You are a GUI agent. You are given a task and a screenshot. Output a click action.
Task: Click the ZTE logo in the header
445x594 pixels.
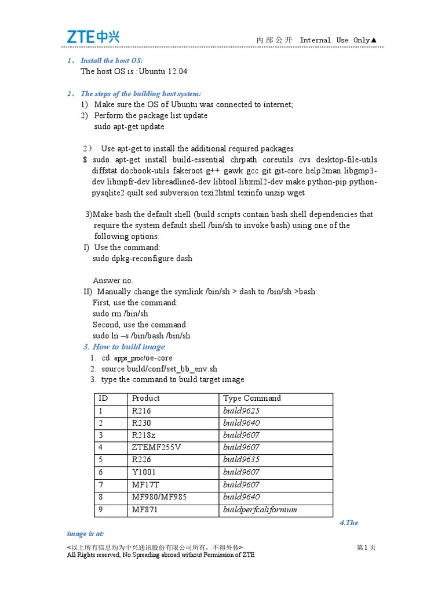[x=92, y=37]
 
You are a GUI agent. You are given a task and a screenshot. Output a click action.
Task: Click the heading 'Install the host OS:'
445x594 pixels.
[x=111, y=60]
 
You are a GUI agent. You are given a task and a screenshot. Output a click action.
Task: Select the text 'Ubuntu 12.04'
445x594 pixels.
[x=165, y=71]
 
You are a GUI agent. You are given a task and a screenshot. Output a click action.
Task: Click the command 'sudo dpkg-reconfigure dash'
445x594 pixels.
[x=143, y=258]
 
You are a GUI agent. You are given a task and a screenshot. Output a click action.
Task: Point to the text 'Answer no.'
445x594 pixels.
[x=113, y=280]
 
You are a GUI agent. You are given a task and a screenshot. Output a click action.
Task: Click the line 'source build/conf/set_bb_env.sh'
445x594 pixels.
[x=159, y=369]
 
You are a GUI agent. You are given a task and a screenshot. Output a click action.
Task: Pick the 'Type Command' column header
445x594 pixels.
[x=252, y=399]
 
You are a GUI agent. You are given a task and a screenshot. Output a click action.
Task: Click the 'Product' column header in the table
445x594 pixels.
[x=146, y=399]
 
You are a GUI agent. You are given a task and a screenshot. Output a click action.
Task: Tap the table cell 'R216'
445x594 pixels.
[x=141, y=411]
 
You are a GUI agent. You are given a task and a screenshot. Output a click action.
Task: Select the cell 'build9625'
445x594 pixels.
[x=242, y=411]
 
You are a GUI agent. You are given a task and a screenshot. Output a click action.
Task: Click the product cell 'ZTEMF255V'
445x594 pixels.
[x=156, y=447]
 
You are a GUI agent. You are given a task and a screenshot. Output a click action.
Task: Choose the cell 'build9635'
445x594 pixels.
[x=242, y=460]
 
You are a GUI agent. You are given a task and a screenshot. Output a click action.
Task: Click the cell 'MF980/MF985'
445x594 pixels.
[x=159, y=497]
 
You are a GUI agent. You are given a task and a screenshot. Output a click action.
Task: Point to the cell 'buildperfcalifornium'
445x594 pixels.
[x=260, y=510]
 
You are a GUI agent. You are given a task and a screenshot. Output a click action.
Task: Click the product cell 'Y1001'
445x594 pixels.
[x=144, y=472]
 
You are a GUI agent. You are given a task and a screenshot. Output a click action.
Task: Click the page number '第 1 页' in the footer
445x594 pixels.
[x=366, y=547]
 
